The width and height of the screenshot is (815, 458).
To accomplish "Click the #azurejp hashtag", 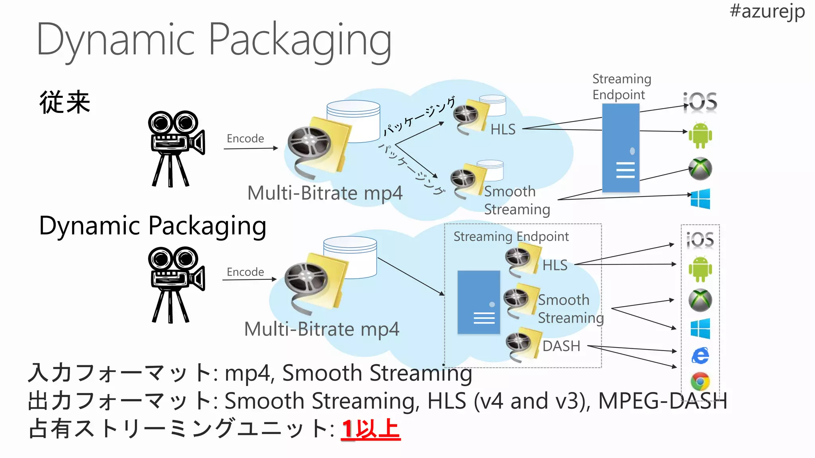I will coord(767,11).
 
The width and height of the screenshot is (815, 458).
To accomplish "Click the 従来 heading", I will coord(65,102).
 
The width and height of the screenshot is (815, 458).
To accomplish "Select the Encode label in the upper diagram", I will coord(245,138).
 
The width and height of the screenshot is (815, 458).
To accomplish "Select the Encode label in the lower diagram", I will coord(245,272).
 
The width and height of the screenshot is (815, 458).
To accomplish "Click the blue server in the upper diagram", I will coord(620,148).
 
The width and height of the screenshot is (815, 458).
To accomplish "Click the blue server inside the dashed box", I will coord(478,302).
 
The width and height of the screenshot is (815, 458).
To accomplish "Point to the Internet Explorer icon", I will coord(700,355).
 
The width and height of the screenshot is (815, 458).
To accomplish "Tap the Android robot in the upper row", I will coord(700,135).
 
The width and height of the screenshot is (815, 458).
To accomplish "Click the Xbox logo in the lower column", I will coord(700,300).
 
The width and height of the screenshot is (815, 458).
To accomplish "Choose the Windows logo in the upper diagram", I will coord(700,198).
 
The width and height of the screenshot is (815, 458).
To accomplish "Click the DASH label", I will coord(561,346).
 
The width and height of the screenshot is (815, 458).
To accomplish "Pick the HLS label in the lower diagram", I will coord(555,265).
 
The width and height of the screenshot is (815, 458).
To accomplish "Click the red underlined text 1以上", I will coord(370,429).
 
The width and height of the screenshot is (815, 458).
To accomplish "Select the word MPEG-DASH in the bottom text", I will coord(663,401).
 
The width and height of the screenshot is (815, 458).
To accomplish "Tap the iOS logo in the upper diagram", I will coord(700,102).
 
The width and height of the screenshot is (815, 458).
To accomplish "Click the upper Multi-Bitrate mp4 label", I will coord(325,193).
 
